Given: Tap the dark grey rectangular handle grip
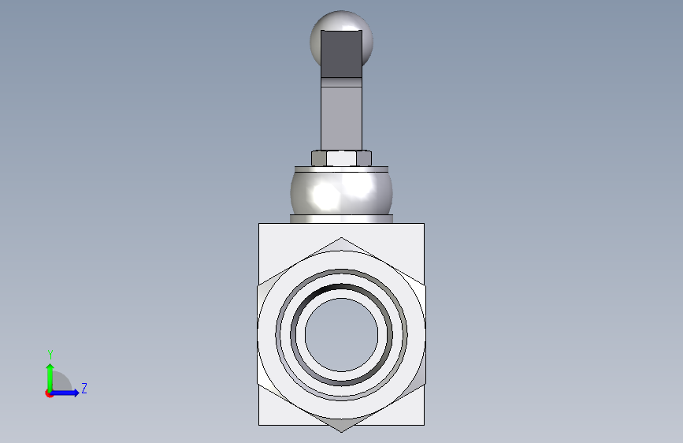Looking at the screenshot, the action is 342,54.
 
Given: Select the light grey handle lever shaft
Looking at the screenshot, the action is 342,114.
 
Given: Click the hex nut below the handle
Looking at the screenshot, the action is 342,158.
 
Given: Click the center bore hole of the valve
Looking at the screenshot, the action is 342,335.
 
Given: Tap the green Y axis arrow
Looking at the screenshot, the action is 50,378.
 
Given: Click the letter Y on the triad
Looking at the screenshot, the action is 50,355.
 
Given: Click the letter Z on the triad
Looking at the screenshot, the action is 84,388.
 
